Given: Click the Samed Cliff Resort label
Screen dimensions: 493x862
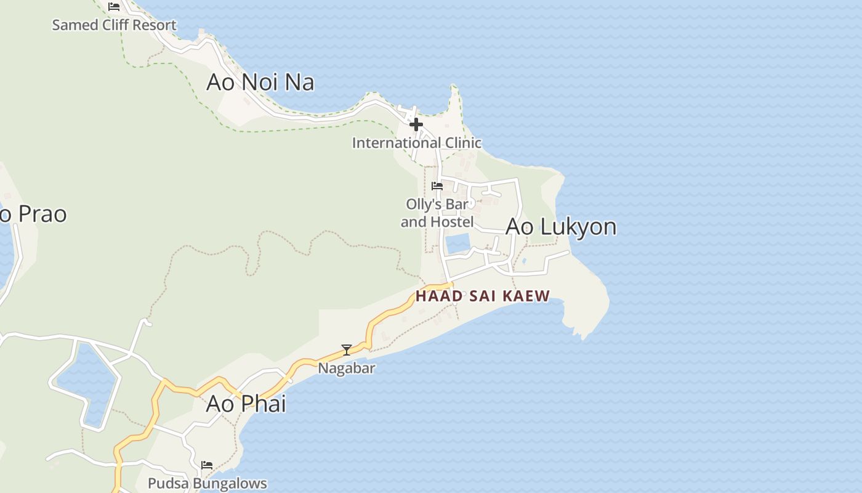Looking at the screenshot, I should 114,25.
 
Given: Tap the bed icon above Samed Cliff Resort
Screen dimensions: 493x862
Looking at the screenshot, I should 114,7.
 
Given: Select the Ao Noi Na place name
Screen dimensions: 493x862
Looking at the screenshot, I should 260,82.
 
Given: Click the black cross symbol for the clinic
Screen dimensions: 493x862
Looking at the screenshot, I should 416,124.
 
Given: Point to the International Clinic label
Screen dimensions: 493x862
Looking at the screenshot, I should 416,143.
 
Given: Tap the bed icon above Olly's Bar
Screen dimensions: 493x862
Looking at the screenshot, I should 437,185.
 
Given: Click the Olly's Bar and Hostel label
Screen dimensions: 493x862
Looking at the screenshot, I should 437,213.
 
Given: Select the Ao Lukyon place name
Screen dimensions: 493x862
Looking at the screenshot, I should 560,227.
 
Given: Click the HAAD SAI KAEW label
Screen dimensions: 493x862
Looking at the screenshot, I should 482,296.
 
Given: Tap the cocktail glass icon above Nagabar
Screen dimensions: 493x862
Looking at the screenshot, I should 347,350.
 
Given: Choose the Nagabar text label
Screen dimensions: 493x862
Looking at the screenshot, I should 347,369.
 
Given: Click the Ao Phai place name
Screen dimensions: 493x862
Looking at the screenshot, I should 246,404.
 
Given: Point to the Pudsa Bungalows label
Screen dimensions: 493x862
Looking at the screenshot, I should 207,483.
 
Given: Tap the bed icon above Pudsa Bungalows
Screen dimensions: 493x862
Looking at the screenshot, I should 207,465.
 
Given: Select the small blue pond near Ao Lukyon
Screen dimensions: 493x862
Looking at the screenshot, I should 457,243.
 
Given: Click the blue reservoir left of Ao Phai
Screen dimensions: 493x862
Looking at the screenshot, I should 89,382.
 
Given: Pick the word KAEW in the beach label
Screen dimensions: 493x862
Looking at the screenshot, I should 526,296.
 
